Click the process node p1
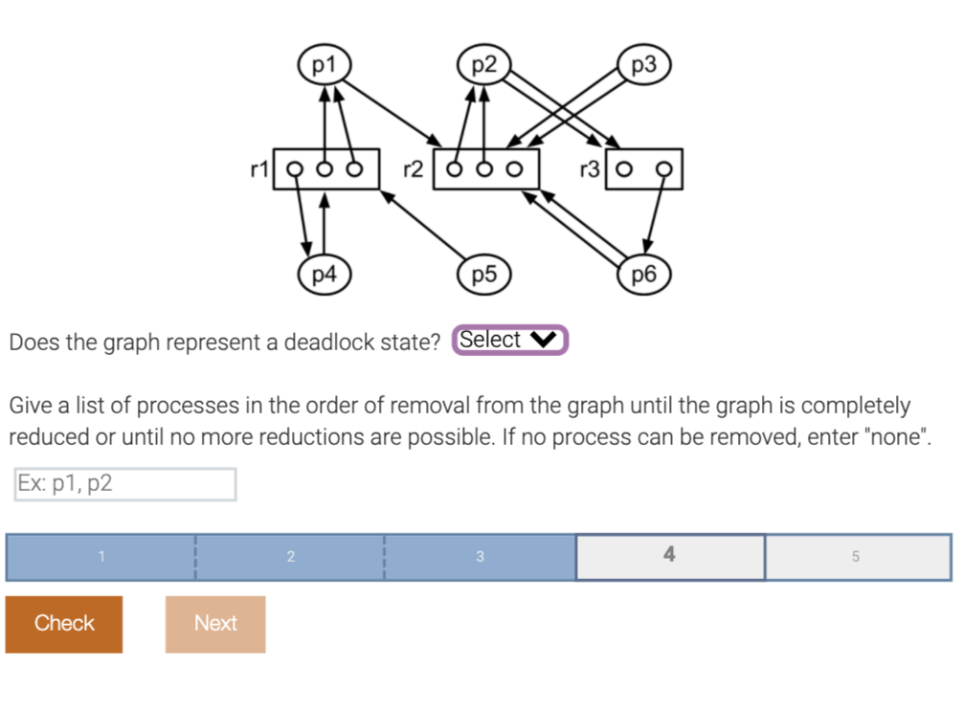coord(325,65)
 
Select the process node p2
coord(485,65)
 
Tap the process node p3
coord(645,65)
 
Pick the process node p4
coord(325,275)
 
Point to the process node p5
coord(485,275)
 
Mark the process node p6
coord(645,275)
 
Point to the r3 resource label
coord(590,169)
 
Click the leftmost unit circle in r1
coord(296,170)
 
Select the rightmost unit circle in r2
coord(515,170)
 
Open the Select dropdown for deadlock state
coord(510,340)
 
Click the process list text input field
coord(125,484)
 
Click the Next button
coord(215,624)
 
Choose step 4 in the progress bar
coord(669,556)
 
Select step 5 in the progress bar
coord(857,556)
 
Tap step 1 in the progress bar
coord(101,556)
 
